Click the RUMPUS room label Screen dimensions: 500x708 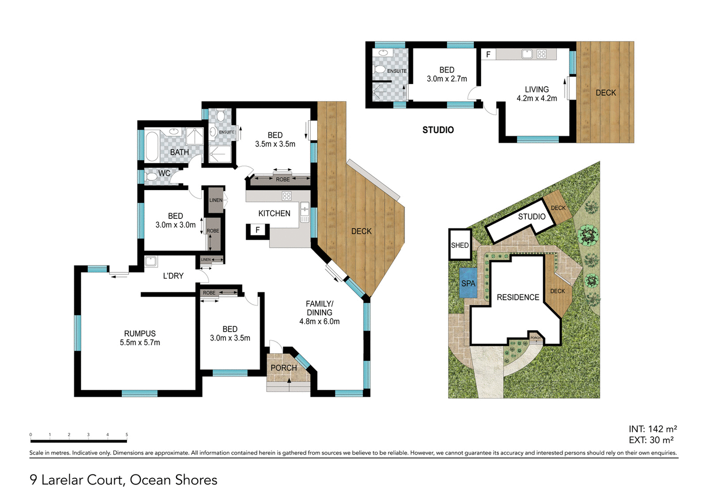point(140,333)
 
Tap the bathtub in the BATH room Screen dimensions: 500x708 point(152,146)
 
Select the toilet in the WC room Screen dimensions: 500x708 point(152,177)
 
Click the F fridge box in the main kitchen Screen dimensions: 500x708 point(258,230)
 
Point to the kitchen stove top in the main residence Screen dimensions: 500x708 point(287,196)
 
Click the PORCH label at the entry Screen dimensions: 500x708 point(284,368)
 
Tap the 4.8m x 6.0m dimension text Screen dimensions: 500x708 point(320,322)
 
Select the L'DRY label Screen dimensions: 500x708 point(173,276)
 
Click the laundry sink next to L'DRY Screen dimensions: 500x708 point(151,261)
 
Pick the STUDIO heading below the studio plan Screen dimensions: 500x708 point(438,130)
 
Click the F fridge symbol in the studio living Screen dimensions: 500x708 point(488,55)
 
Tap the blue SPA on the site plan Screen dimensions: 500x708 point(468,283)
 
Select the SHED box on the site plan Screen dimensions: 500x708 point(460,245)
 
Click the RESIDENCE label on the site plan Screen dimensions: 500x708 point(518,297)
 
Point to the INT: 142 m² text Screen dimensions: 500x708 point(652,429)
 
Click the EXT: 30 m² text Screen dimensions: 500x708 point(651,440)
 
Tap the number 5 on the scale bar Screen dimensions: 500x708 point(126,435)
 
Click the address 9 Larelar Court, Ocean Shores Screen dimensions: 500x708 point(124,480)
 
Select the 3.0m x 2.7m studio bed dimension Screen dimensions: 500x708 point(447,79)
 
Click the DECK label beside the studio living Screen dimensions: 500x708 point(606,93)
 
